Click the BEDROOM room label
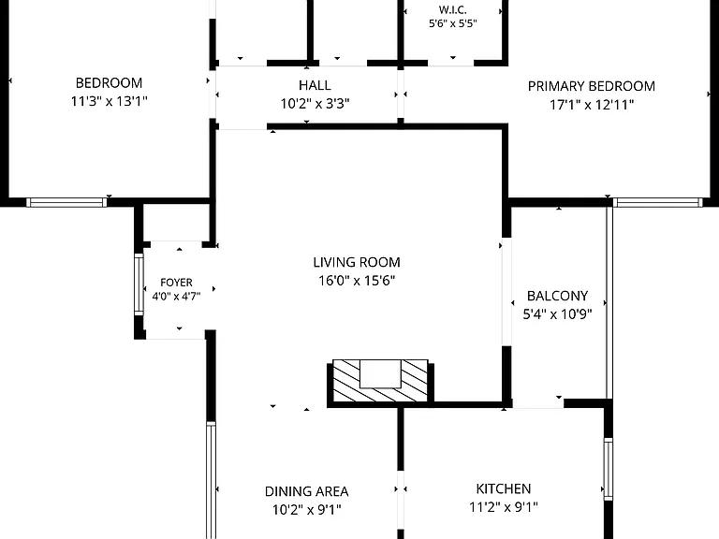(x=110, y=83)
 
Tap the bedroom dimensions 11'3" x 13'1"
(x=110, y=101)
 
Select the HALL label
(x=315, y=85)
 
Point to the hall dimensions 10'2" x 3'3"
(x=315, y=104)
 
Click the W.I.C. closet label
(x=452, y=9)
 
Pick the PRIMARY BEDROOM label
(x=592, y=86)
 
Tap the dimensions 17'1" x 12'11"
(x=592, y=105)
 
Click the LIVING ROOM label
(x=357, y=262)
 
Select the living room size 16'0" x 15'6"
(x=357, y=281)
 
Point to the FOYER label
(x=177, y=283)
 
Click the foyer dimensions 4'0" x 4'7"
(x=177, y=297)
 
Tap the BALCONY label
(x=558, y=296)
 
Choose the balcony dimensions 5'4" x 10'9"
(x=558, y=314)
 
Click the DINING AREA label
(x=307, y=491)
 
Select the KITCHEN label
(x=504, y=489)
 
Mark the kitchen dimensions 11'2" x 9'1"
(x=504, y=507)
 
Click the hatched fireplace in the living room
(x=380, y=382)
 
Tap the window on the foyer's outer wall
(x=139, y=284)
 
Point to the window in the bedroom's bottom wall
(x=66, y=202)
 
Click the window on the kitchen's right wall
(x=608, y=469)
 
